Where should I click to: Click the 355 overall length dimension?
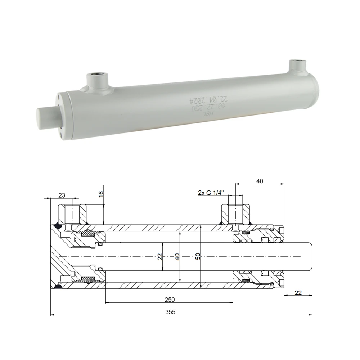point(171,312)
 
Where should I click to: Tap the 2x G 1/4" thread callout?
point(211,193)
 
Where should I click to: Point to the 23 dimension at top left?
point(62,195)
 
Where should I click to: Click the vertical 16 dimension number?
point(101,193)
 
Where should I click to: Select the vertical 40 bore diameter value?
point(177,257)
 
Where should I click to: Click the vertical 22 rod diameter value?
point(160,257)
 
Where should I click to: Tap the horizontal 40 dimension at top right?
point(260,181)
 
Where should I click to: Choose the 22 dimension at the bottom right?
point(298,293)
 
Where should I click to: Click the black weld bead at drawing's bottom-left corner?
point(57,286)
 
